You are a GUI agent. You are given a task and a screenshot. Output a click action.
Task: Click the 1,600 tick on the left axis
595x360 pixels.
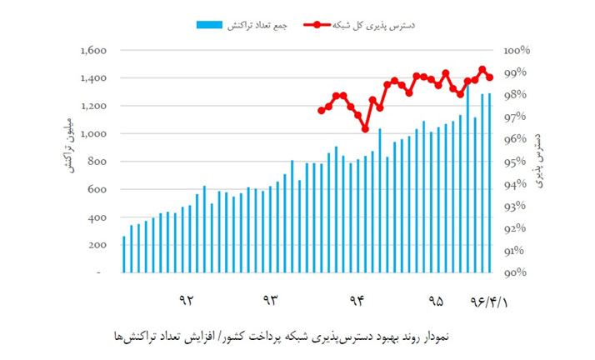93,51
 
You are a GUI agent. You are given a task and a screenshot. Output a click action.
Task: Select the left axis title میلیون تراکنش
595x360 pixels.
67,146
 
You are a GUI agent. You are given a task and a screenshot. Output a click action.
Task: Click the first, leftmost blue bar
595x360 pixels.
124,254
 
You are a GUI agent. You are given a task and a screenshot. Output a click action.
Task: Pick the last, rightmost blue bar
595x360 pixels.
490,182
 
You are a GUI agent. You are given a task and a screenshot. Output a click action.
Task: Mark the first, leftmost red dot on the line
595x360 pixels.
321,110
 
